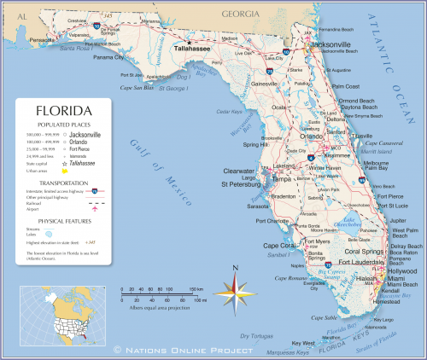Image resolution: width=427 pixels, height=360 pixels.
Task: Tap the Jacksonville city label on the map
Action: (x=332, y=44)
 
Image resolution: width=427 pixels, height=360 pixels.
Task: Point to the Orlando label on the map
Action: (x=312, y=136)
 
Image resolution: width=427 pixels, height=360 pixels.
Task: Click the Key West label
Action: (x=304, y=343)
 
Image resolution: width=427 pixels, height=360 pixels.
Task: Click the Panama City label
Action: (x=108, y=57)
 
